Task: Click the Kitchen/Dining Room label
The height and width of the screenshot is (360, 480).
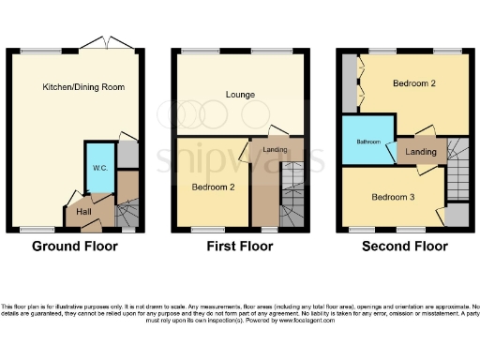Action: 83,87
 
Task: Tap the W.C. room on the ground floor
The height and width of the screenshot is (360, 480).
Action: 98,167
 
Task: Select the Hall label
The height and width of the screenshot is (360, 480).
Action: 83,212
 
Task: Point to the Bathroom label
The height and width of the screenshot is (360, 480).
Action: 368,142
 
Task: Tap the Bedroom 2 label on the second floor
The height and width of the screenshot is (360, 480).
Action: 414,84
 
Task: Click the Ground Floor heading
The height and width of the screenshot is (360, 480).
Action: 75,247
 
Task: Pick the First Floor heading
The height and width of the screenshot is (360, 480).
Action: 239,247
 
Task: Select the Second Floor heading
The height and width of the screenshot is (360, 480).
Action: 405,247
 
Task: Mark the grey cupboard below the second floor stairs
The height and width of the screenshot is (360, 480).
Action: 457,215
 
